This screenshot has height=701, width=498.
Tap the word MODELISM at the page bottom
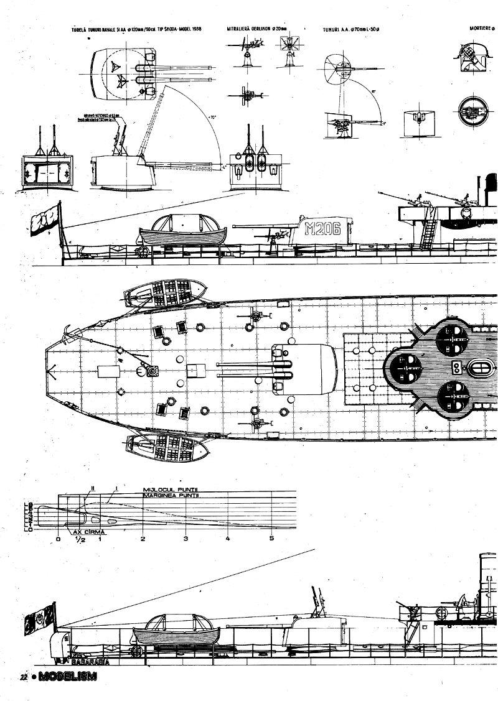68,677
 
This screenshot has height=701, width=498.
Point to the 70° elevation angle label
214,117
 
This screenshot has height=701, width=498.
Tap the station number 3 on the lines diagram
186,539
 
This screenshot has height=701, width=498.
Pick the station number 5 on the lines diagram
271,539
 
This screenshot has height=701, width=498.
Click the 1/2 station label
80,541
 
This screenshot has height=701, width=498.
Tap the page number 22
23,678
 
